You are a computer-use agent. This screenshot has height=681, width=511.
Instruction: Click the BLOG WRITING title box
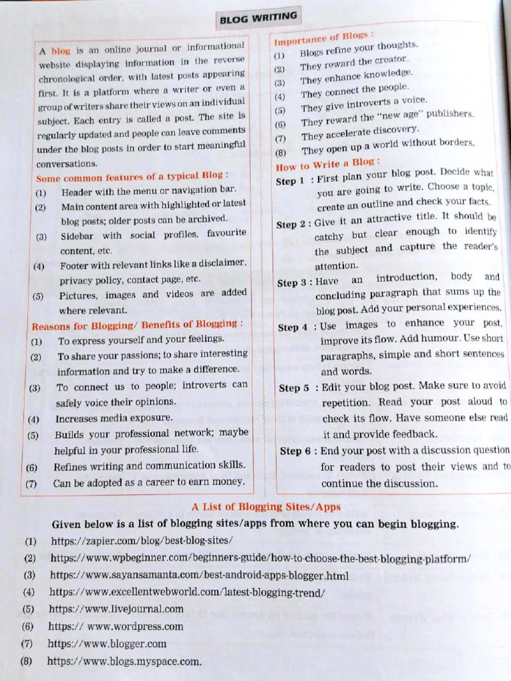258,17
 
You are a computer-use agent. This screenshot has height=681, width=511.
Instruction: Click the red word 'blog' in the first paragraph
61,51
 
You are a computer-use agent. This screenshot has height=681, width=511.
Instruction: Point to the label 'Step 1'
290,181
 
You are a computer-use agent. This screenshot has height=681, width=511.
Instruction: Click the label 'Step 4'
293,327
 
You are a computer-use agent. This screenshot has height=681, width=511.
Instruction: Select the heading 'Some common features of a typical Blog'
132,177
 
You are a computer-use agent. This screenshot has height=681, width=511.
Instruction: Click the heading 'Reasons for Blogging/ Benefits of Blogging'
137,325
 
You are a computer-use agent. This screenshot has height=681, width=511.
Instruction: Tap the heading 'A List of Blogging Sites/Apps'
266,507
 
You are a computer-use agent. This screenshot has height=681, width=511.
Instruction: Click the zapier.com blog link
142,541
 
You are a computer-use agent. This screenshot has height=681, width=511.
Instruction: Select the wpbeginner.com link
260,558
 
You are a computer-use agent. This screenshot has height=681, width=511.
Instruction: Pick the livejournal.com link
116,609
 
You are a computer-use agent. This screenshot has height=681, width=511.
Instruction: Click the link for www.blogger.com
107,643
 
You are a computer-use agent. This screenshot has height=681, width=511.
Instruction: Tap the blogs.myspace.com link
124,661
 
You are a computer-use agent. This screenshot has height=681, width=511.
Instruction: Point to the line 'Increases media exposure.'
114,418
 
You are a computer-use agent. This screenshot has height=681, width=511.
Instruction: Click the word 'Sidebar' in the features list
81,235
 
